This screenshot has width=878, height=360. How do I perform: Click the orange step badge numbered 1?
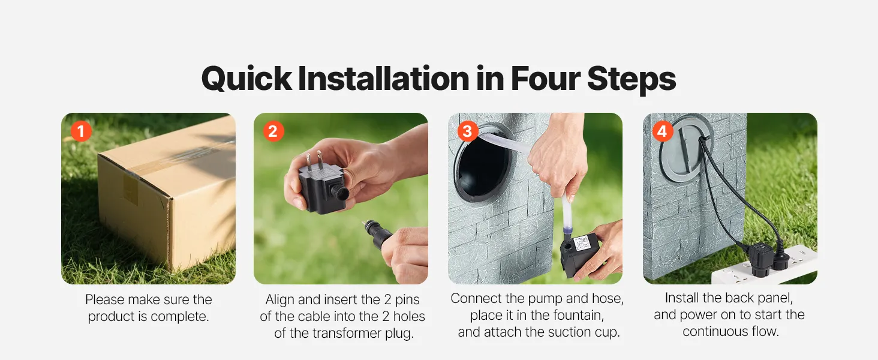tap(81, 131)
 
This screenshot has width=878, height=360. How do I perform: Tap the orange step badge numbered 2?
tap(273, 131)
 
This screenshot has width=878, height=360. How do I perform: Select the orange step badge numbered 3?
tap(468, 131)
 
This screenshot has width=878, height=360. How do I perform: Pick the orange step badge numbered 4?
tap(663, 131)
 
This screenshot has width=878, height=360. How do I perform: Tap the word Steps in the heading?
tap(632, 80)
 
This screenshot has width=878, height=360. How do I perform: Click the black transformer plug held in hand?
tap(323, 188)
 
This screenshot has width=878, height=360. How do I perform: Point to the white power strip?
tap(764, 266)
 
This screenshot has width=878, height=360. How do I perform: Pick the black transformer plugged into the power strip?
tap(756, 259)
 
